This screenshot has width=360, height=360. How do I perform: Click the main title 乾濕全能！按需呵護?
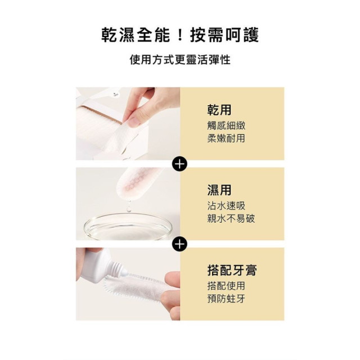180,34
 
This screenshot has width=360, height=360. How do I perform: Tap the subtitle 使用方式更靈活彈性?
180,60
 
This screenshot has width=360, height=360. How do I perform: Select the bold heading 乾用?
219,110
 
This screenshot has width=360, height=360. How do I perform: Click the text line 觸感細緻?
226,125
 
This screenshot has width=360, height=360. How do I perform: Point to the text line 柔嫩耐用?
226,138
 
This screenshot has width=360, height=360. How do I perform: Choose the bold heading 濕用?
219,190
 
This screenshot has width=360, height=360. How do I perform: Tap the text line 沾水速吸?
226,206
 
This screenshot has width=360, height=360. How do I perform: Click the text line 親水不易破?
231,218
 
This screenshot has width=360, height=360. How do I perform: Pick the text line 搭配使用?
226,286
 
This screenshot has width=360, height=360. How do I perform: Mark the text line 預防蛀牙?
226,299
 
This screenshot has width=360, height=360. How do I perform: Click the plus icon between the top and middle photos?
179,164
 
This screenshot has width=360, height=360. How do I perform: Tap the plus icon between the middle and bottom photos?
179,245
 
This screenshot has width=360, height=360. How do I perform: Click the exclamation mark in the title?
179,34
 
